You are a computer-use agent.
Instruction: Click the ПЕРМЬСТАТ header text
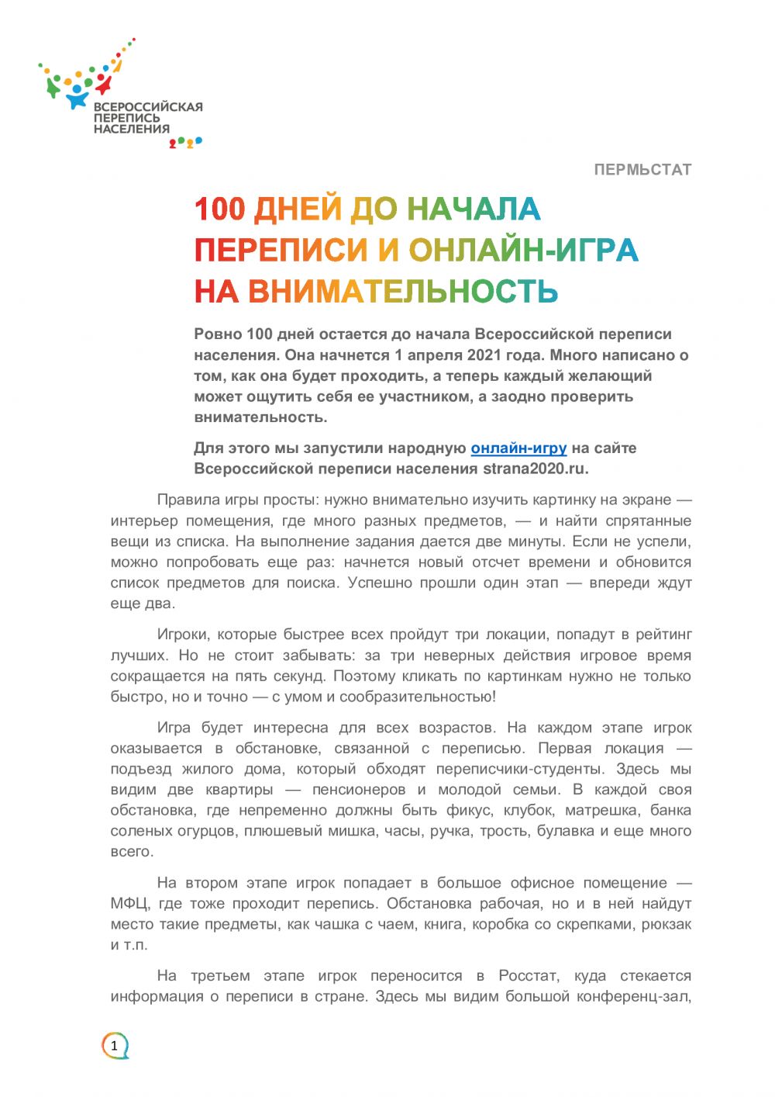642,169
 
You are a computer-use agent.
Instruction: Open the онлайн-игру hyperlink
518,448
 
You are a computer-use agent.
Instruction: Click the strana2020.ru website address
534,469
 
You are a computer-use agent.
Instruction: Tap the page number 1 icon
115,1046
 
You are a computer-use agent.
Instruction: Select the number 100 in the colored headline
219,209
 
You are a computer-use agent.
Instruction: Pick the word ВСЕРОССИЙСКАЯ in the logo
148,107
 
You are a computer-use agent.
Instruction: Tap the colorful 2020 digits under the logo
186,142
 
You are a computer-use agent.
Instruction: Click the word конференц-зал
633,996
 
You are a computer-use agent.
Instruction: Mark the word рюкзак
666,924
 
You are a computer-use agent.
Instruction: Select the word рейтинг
663,635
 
